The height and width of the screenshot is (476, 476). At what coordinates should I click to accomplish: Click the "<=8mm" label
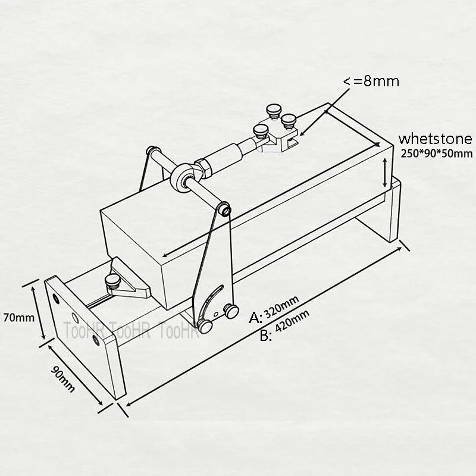[369, 82]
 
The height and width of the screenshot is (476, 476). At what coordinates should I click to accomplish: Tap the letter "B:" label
[266, 336]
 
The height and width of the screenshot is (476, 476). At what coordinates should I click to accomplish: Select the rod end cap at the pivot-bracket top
[224, 209]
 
